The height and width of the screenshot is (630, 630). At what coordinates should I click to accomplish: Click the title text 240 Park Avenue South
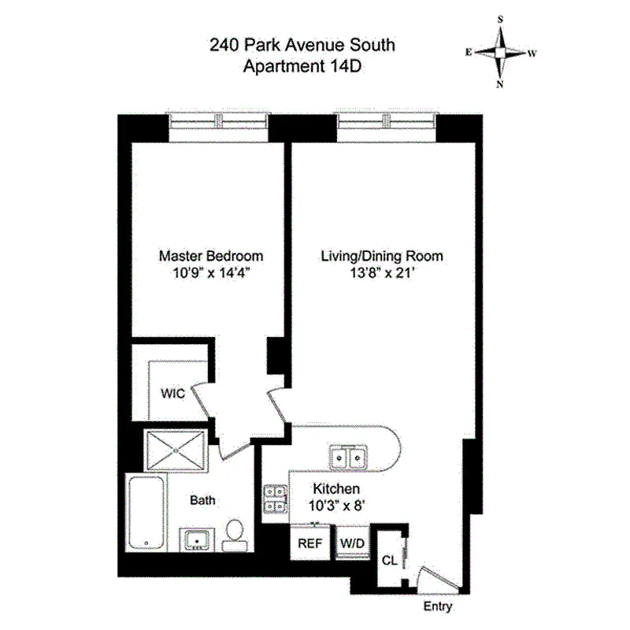(302, 45)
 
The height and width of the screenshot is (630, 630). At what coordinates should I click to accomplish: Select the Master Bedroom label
(211, 256)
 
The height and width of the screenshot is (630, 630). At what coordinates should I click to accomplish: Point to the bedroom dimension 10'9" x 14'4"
(211, 275)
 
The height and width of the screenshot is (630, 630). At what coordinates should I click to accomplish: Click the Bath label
(202, 499)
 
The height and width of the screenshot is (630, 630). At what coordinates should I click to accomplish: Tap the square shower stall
(177, 450)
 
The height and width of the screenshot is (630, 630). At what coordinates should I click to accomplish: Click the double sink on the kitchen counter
(346, 457)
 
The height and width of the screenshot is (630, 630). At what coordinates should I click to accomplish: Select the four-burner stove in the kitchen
(275, 498)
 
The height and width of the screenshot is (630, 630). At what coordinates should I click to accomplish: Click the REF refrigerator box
(309, 543)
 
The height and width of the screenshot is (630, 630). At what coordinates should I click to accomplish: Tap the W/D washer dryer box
(351, 543)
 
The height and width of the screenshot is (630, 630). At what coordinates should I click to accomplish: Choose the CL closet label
(389, 561)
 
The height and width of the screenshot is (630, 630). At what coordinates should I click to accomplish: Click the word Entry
(438, 607)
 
